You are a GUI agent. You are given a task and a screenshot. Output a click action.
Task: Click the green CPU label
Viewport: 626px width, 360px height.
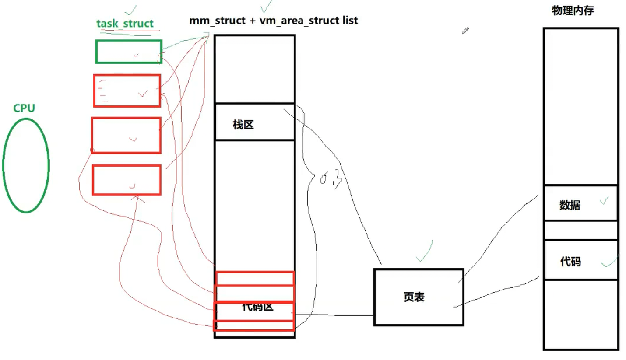(x=24, y=108)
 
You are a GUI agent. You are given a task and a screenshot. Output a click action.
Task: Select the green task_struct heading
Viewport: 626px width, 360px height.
(x=125, y=23)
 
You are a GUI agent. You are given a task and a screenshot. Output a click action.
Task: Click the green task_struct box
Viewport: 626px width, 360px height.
(x=129, y=52)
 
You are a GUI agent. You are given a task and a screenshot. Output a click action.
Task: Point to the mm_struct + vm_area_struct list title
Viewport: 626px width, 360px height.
(x=274, y=20)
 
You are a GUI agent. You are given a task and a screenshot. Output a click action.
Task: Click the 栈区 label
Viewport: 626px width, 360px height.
(x=243, y=125)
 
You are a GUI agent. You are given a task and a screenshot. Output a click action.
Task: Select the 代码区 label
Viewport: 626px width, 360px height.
(x=257, y=307)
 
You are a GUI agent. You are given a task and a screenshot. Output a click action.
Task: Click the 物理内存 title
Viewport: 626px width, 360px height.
(x=573, y=11)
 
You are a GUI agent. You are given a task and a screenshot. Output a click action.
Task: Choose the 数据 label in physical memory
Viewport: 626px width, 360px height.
(x=570, y=205)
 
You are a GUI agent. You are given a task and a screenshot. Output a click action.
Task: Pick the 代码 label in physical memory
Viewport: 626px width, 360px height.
(x=570, y=262)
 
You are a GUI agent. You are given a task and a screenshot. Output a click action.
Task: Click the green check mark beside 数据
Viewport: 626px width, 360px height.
(x=604, y=200)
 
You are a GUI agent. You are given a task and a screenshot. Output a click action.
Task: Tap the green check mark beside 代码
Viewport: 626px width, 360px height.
(x=609, y=262)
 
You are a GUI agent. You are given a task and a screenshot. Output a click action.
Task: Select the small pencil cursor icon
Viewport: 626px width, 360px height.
(x=465, y=30)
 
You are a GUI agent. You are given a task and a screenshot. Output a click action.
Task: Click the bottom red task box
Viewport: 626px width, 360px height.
(x=127, y=180)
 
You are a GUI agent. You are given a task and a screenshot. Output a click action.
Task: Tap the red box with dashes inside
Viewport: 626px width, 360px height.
(x=127, y=91)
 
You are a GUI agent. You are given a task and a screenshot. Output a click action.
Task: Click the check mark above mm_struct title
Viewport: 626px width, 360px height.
(x=266, y=6)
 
